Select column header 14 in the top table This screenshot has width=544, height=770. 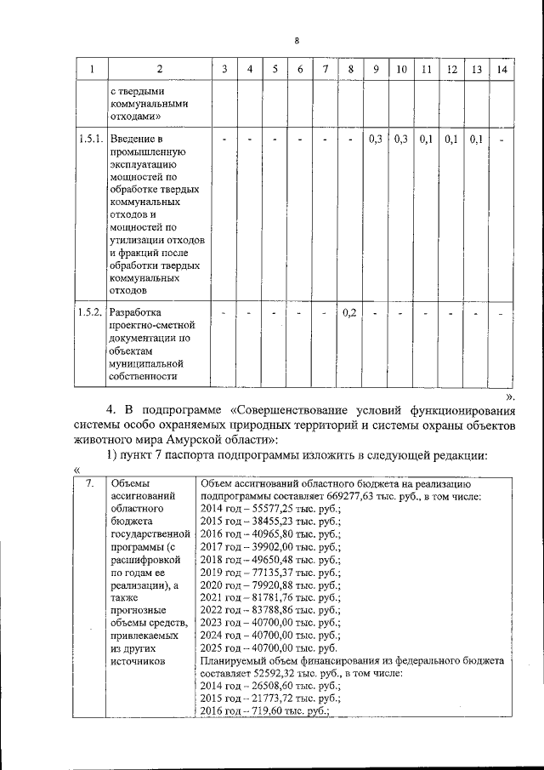[501, 69]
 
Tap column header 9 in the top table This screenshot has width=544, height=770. [375, 69]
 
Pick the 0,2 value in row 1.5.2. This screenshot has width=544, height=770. [349, 313]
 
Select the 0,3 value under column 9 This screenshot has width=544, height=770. [375, 139]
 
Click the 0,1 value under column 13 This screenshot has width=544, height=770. [476, 139]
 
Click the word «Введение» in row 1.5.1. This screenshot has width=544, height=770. [134, 139]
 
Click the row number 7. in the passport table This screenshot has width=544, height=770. [90, 483]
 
